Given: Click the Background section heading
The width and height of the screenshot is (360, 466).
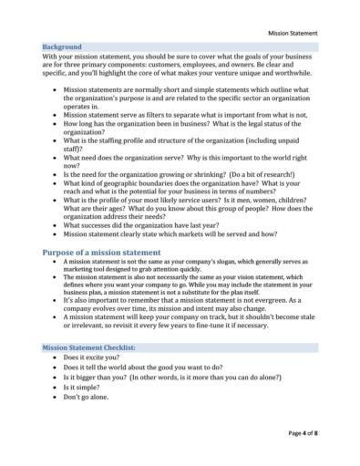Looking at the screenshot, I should [62, 46].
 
